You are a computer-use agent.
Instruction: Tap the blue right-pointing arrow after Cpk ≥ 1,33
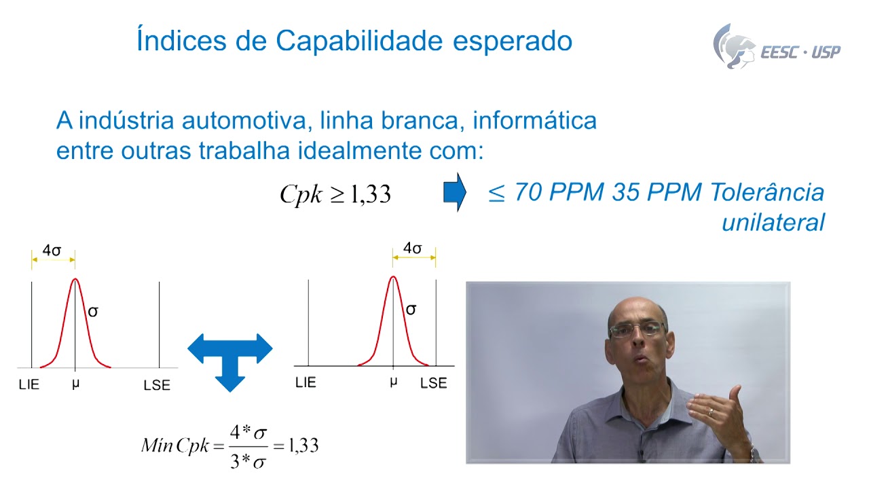tap(454, 193)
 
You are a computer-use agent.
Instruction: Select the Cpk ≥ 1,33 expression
tap(335, 194)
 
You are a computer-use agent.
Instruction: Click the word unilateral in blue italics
tap(773, 222)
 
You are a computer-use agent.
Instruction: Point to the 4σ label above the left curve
tap(52, 250)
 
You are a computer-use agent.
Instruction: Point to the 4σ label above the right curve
tap(412, 249)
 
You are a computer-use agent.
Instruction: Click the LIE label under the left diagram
tap(29, 384)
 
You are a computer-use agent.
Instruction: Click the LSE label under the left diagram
tap(157, 385)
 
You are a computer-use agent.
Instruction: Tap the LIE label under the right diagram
tap(306, 382)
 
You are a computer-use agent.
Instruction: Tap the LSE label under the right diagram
tap(433, 383)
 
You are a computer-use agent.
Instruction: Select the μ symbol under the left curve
tap(75, 384)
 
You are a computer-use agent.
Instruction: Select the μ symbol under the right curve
tap(393, 382)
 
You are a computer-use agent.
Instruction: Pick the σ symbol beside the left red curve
tap(93, 312)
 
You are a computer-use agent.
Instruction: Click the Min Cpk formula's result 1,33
tap(303, 446)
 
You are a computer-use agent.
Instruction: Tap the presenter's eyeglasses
tap(637, 330)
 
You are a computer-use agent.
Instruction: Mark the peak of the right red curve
tap(392, 276)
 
